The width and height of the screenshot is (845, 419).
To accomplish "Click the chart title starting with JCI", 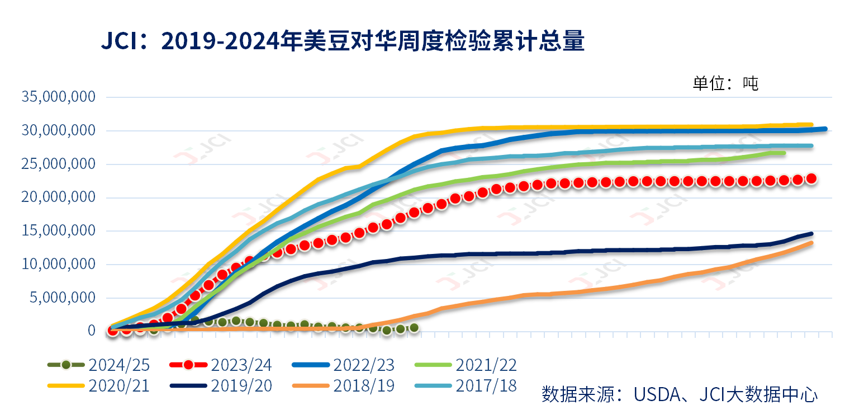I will (343, 42).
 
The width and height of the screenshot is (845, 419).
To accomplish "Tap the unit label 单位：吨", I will (725, 83).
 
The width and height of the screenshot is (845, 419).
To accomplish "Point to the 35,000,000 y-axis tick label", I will (58, 97).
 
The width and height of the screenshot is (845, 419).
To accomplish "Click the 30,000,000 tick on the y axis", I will (58, 131).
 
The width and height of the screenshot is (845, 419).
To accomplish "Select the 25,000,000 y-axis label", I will (58, 164).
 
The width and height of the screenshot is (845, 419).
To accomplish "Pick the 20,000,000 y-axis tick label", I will (58, 197).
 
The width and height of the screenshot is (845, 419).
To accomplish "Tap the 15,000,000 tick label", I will (58, 231).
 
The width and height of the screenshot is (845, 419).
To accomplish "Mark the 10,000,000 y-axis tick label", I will (58, 264).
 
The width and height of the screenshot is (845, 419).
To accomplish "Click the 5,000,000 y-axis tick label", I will (63, 298).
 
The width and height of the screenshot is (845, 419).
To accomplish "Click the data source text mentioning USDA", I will (679, 394).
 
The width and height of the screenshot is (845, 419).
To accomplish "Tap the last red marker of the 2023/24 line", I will (811, 178).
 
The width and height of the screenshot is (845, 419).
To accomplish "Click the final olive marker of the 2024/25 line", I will (414, 328).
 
